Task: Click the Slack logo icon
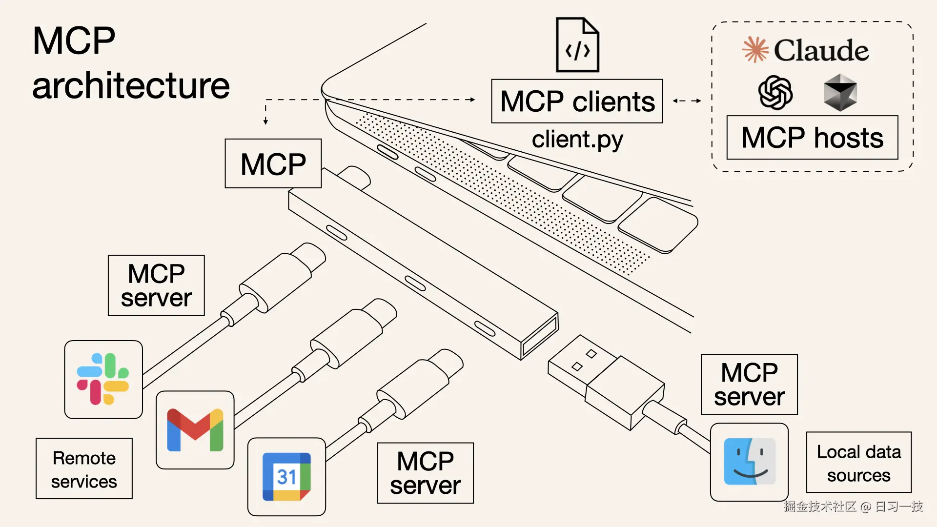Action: click(103, 379)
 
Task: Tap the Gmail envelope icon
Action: click(195, 430)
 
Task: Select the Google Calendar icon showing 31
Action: click(286, 477)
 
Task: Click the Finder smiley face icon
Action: click(749, 462)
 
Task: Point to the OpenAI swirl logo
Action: click(775, 92)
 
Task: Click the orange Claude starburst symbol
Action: click(755, 50)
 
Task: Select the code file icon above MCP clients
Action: click(577, 45)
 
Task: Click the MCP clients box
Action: click(577, 101)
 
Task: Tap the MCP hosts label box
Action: click(812, 138)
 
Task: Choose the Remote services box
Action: click(84, 469)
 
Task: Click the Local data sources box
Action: click(858, 463)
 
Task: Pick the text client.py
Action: click(577, 140)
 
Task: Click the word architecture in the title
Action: click(131, 86)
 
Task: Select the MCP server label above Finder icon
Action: click(749, 385)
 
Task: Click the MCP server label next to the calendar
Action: click(425, 473)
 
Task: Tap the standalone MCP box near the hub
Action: click(273, 163)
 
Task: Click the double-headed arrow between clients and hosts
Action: click(687, 101)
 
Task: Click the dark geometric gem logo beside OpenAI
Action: click(840, 92)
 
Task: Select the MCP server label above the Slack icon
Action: click(156, 285)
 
